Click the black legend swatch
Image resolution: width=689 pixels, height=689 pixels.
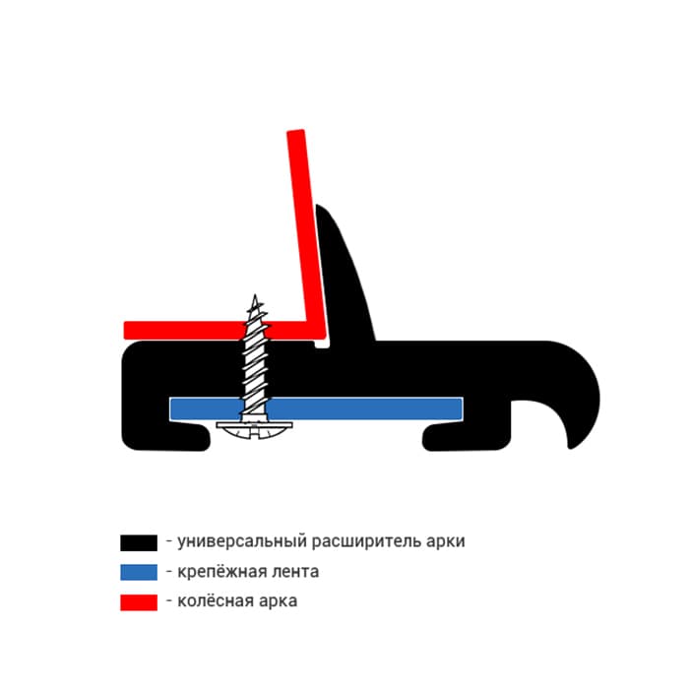pos(139,542)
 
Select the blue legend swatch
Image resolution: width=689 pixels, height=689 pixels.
pos(139,572)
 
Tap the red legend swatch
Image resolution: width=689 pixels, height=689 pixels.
pos(139,602)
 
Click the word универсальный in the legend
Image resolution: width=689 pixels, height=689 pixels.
pos(242,541)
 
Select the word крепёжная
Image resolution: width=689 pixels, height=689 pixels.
pos(222,571)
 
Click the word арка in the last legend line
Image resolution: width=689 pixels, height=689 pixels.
pos(278,601)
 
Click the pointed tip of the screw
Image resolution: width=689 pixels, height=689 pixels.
pos(255,295)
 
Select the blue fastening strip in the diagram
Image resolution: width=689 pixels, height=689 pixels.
pos(316,408)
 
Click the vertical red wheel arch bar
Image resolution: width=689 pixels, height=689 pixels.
pos(306,228)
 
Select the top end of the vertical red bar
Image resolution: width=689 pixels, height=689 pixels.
pos(295,131)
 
